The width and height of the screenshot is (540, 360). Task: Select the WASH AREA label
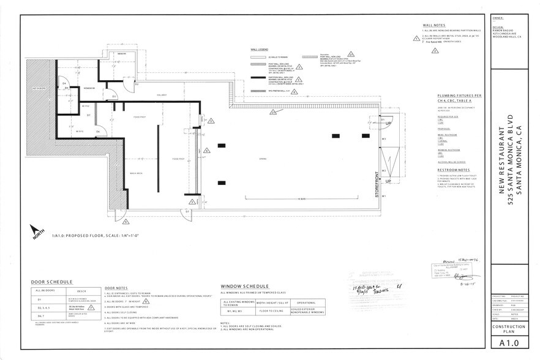click(x=137, y=174)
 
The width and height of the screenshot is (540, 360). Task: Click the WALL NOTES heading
click(x=433, y=24)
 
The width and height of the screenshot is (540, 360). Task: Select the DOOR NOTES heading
click(x=117, y=288)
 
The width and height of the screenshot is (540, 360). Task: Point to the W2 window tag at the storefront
click(x=383, y=171)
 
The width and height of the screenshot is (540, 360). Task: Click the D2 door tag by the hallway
click(x=137, y=83)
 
